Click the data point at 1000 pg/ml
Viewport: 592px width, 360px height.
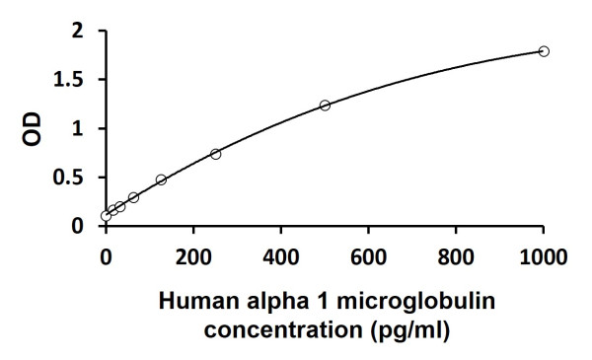544,51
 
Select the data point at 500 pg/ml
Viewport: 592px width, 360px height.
325,106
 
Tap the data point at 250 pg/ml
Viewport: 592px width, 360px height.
215,154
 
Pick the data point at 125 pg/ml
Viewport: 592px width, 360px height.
161,180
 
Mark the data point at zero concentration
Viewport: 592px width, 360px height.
106,215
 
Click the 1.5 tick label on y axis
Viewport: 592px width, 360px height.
74,80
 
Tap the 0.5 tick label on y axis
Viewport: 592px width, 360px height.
74,177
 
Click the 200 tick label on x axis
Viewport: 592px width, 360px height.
193,258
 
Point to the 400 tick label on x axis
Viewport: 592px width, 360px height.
281,258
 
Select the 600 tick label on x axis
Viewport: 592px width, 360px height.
368,258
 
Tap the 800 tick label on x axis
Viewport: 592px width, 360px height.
456,258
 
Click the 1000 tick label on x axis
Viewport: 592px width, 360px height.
543,258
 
